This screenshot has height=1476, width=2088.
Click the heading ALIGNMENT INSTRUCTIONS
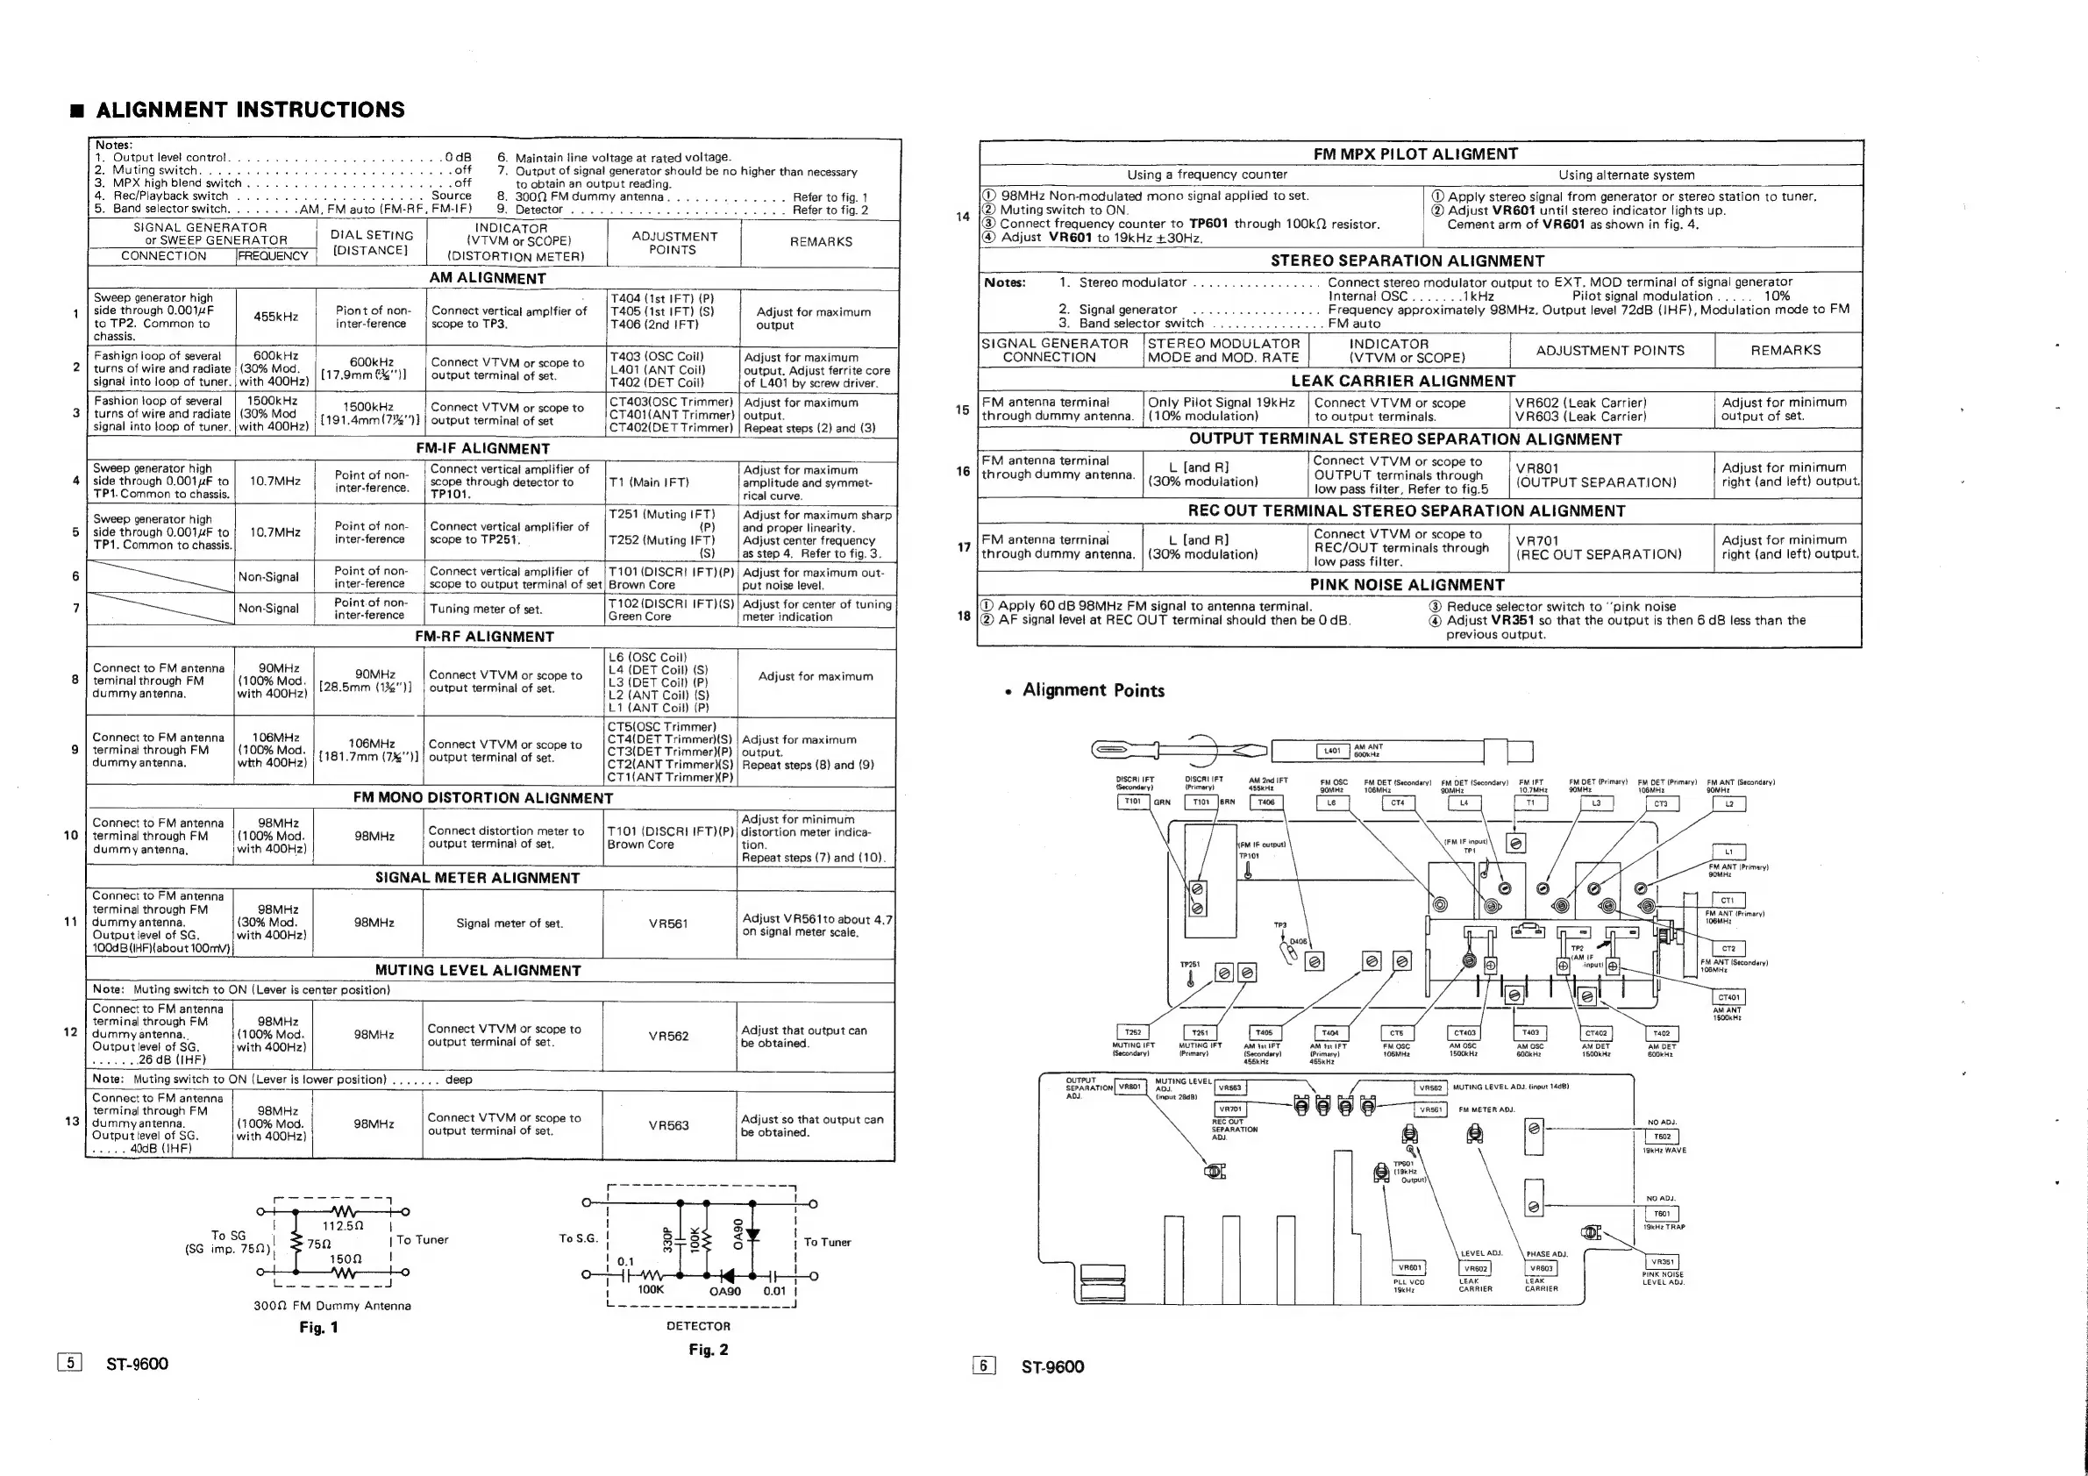coord(250,110)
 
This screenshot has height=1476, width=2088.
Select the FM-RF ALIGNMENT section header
coord(484,637)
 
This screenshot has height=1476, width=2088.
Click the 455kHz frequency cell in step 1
coord(275,317)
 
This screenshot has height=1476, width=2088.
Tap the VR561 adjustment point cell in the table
coord(668,924)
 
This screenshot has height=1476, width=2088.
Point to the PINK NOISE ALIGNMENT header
coord(1407,585)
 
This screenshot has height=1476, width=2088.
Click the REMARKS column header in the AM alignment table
coord(821,242)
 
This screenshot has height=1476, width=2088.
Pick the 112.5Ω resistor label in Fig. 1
coord(343,1226)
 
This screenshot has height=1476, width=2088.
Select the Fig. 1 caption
coord(318,1328)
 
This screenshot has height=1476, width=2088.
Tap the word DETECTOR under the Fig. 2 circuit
coord(698,1326)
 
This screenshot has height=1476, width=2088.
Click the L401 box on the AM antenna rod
coord(1332,752)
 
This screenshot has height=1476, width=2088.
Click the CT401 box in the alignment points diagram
coord(1728,997)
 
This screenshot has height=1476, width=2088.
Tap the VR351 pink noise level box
coord(1663,1262)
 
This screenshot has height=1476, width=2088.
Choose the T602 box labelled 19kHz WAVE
coord(1663,1137)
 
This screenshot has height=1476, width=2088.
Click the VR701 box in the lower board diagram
coord(1230,1109)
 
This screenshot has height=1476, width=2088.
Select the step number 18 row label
coord(964,616)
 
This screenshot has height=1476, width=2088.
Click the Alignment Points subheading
coord(1093,690)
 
